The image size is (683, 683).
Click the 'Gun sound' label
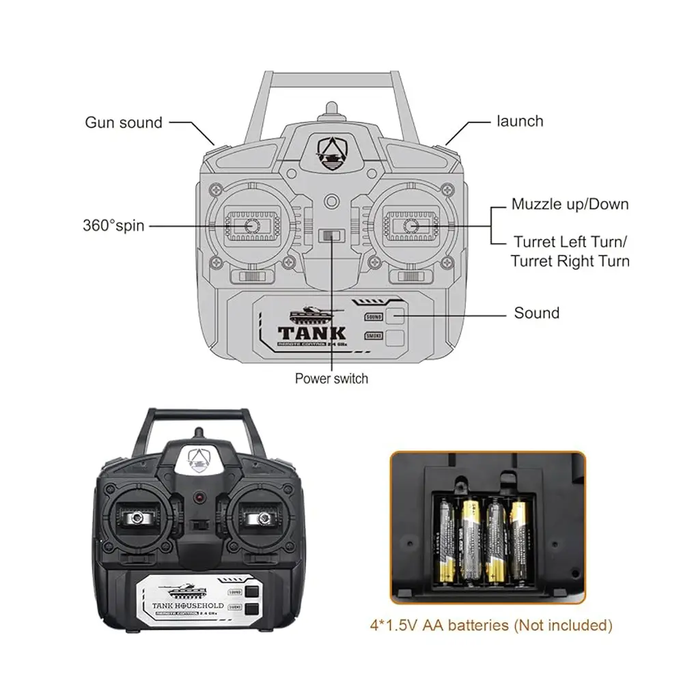[x=124, y=123]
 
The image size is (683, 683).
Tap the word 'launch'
[x=520, y=122]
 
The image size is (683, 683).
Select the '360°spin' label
[x=113, y=225]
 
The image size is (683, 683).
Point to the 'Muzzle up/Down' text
[x=570, y=204]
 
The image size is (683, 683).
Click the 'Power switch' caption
[x=331, y=378]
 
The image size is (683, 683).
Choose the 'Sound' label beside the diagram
[x=536, y=313]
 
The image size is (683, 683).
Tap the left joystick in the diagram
[x=251, y=225]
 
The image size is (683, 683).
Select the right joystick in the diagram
[x=410, y=225]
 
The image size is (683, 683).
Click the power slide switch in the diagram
[x=331, y=236]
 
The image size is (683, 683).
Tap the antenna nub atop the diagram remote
[x=331, y=109]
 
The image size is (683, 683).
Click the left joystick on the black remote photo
[x=139, y=518]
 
